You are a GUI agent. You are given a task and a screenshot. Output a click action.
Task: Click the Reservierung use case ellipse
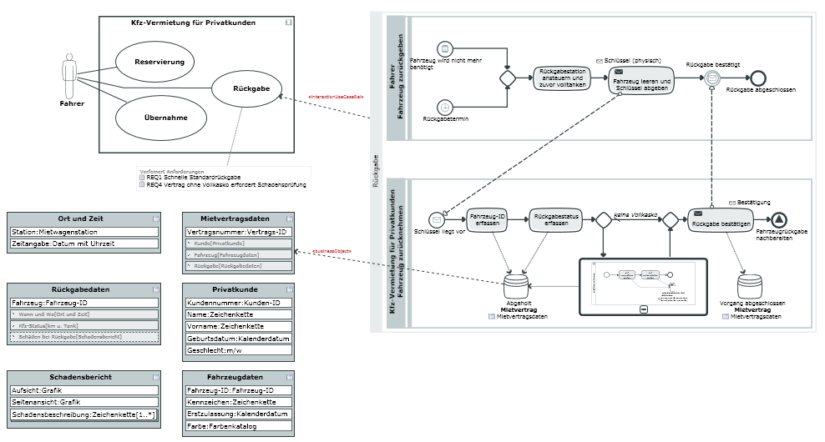coord(159,62)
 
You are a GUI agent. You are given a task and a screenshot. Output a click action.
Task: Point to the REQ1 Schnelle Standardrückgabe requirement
coord(193,178)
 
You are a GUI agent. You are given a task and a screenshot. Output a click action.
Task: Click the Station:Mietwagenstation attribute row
coord(84,232)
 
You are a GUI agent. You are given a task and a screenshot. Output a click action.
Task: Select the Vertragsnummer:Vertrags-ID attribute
coord(238,232)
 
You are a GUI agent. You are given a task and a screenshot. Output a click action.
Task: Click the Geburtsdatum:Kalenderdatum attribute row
coord(238,339)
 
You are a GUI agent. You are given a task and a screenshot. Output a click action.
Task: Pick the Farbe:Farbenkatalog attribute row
coord(238,426)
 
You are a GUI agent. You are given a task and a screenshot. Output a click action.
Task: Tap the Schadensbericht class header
coord(80,377)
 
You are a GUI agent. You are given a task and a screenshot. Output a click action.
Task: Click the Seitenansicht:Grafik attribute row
coord(84,402)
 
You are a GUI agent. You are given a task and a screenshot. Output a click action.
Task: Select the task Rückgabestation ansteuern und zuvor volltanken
coord(562,78)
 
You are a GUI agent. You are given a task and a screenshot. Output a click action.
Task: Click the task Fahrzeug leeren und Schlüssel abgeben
coord(640,79)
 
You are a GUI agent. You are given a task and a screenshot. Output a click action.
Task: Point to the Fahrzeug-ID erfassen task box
coord(488,220)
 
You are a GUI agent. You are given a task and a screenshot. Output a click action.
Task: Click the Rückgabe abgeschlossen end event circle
coord(758,78)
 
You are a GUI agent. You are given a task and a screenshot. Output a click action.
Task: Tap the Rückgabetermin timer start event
coord(445,107)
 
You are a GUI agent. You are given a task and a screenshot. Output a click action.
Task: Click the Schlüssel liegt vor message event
coord(435,219)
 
